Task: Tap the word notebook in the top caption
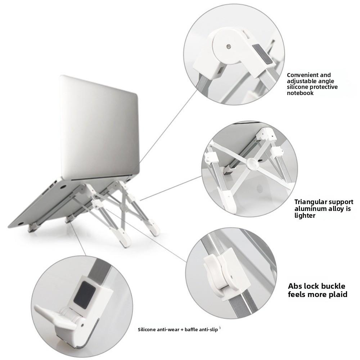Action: click(x=300, y=93)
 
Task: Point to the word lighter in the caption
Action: click(x=305, y=216)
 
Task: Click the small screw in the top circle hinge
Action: click(x=229, y=46)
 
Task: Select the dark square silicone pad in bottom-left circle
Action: click(x=85, y=293)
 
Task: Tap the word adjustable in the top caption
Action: click(x=303, y=81)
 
